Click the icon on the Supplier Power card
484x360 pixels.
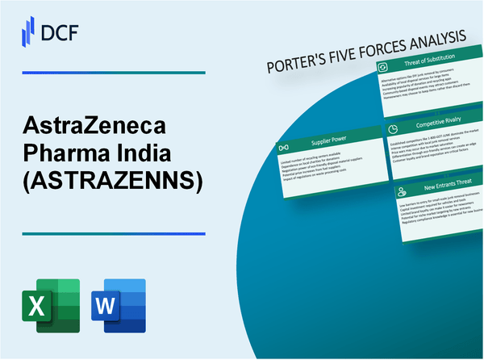pyautogui.click(x=283, y=148)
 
